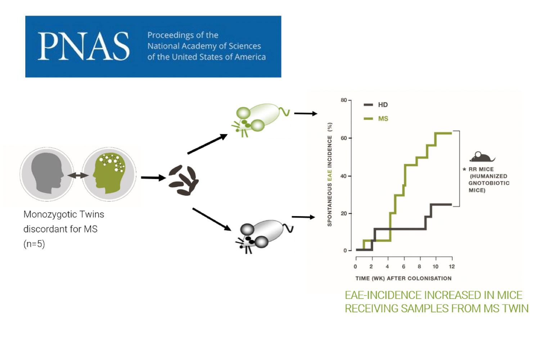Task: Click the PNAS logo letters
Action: click(x=84, y=46)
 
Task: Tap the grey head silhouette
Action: click(x=48, y=173)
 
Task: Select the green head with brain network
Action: click(x=109, y=173)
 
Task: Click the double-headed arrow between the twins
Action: click(x=78, y=175)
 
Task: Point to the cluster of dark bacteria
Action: click(x=184, y=180)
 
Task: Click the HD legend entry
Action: click(x=376, y=105)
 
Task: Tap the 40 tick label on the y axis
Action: click(x=343, y=176)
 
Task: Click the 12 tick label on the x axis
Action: click(x=452, y=266)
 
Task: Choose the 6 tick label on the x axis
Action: click(x=404, y=266)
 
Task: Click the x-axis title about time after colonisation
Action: click(x=404, y=279)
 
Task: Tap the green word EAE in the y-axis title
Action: click(x=329, y=176)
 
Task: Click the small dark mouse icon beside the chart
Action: click(x=482, y=157)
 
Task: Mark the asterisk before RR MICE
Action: click(x=464, y=169)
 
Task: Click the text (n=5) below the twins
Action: click(x=34, y=244)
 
